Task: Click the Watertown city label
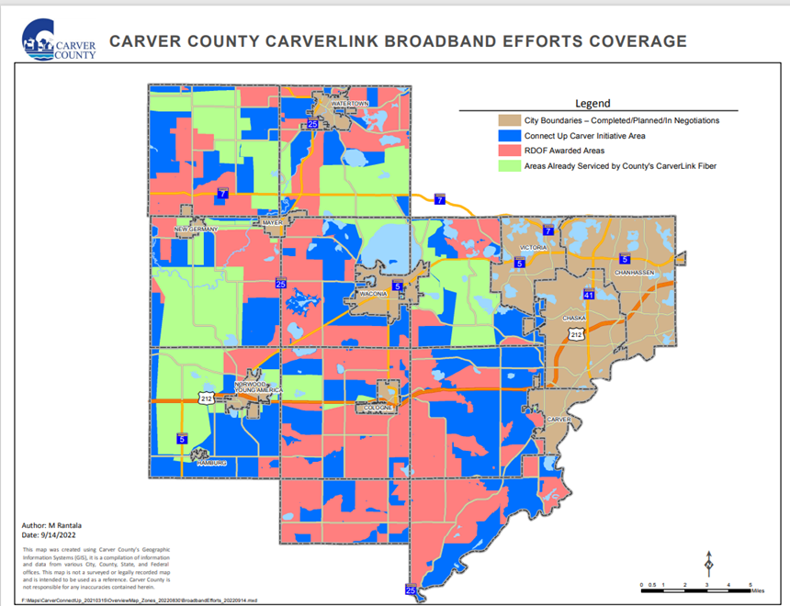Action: tap(349, 104)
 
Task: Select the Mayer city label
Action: tap(272, 222)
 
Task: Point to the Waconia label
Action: tap(370, 296)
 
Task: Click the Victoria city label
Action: tap(534, 248)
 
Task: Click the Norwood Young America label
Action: tap(256, 386)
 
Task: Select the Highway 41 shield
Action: tap(589, 295)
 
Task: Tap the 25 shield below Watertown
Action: tap(312, 123)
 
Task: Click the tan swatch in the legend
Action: tap(509, 120)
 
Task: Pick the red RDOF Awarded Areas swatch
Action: tap(509, 151)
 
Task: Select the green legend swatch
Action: tap(509, 166)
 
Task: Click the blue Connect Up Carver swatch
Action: tap(509, 136)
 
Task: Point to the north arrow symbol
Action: tap(708, 563)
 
